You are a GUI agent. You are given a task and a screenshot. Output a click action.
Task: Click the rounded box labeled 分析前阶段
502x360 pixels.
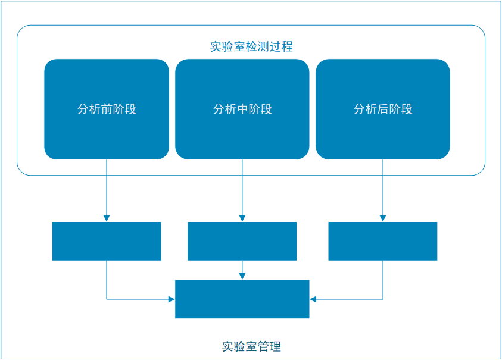[107, 109]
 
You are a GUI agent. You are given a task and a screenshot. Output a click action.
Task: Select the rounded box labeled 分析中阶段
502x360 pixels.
[242, 109]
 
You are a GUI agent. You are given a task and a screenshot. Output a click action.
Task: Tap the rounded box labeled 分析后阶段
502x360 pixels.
[383, 109]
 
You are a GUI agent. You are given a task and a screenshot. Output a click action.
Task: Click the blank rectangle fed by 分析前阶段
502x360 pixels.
[107, 241]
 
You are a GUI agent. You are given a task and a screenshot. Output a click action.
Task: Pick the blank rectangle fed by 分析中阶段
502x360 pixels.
[242, 241]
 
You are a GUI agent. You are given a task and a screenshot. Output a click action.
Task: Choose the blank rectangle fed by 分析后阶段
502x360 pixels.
[383, 241]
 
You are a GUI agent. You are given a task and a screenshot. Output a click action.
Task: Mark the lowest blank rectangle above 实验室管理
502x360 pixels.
[242, 299]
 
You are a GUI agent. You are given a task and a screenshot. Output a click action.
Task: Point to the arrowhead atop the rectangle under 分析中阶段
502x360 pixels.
[242, 218]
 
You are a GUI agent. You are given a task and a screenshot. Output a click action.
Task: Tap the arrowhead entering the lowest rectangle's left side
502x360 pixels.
[172, 299]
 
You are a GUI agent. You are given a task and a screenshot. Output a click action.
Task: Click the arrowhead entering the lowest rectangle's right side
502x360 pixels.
[313, 299]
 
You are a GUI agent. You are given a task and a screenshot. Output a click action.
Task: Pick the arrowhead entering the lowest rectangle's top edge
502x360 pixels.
[242, 276]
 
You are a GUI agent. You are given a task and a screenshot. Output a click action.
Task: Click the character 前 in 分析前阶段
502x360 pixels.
[107, 109]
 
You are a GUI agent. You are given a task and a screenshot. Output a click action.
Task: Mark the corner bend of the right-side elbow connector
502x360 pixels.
[383, 299]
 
